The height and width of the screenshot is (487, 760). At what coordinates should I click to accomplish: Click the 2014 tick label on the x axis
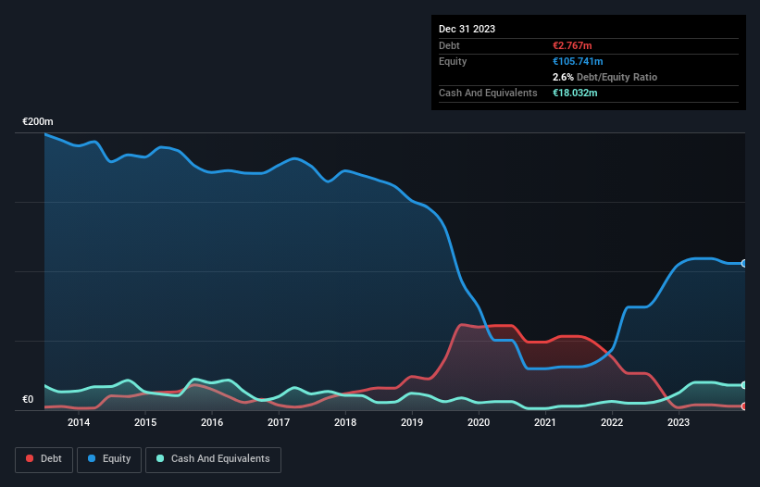point(79,423)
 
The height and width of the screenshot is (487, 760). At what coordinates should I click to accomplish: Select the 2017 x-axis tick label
point(279,423)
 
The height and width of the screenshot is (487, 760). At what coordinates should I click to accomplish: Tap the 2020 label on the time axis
point(479,423)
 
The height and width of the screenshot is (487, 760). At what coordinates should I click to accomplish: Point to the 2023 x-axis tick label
point(679,423)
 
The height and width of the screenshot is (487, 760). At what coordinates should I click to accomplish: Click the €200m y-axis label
point(38,122)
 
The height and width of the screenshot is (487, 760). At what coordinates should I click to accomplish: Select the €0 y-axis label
point(28,400)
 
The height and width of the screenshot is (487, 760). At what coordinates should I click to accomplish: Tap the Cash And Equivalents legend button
point(213,458)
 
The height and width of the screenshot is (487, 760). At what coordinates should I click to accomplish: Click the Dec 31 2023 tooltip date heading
point(467,29)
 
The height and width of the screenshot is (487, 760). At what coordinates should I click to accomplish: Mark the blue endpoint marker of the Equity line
point(744,264)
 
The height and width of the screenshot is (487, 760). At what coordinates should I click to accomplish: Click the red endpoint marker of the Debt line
point(744,406)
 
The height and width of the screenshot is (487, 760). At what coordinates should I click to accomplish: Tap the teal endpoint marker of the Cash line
point(744,385)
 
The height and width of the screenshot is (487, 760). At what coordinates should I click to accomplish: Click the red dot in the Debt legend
point(30,458)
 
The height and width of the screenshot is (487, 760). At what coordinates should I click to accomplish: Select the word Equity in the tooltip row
point(453,61)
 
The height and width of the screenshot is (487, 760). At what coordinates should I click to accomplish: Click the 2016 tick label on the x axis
point(212,423)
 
